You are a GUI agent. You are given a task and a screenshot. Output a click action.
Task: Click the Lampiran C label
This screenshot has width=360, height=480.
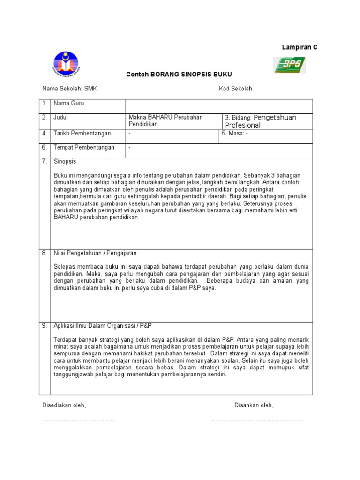coord(299,47)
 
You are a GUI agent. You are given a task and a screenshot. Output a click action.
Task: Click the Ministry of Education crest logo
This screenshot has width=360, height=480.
coord(66,64)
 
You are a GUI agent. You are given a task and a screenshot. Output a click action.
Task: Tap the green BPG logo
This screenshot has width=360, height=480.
coord(289,65)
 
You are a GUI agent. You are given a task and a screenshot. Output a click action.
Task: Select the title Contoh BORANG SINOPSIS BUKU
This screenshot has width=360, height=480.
coord(179,75)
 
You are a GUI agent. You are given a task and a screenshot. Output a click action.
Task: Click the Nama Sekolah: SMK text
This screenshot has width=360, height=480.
coord(70,89)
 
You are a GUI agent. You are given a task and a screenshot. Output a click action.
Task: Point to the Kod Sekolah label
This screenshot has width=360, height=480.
coord(236,89)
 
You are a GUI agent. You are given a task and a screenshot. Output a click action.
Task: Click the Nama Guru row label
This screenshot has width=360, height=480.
coord(69,104)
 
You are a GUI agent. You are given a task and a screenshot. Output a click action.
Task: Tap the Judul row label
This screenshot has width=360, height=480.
coord(61,117)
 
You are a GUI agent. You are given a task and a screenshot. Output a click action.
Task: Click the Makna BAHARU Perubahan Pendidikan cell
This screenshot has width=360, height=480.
coord(165,120)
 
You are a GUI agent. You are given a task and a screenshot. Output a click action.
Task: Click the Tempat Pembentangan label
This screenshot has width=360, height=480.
coord(84,147)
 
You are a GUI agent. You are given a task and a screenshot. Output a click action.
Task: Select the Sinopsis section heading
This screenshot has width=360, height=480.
coord(65,161)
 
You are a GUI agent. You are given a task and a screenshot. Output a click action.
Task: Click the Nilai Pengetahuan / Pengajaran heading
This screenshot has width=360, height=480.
coord(95,253)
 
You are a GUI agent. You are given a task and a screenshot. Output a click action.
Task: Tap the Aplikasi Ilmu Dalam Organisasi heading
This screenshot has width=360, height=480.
coord(103,325)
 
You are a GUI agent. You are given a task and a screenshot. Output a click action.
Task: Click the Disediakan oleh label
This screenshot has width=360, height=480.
coord(64,405)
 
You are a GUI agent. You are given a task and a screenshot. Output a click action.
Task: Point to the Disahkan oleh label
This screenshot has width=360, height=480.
coord(254,405)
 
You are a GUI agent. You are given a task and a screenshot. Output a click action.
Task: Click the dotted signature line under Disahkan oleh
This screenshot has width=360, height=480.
coord(257,420)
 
